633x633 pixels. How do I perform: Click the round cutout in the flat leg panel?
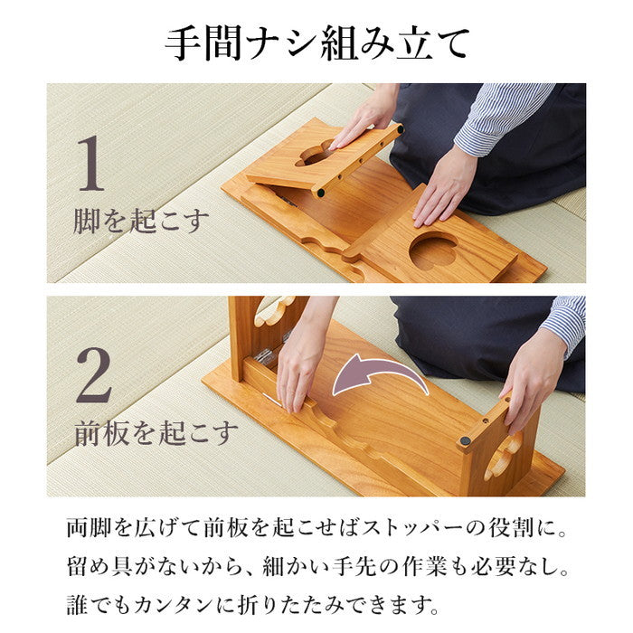pos(433,252)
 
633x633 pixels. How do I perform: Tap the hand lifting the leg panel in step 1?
pos(366,118)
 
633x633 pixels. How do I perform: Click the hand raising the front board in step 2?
pos(298,362)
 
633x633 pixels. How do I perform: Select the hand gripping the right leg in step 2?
pos(534,375)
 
